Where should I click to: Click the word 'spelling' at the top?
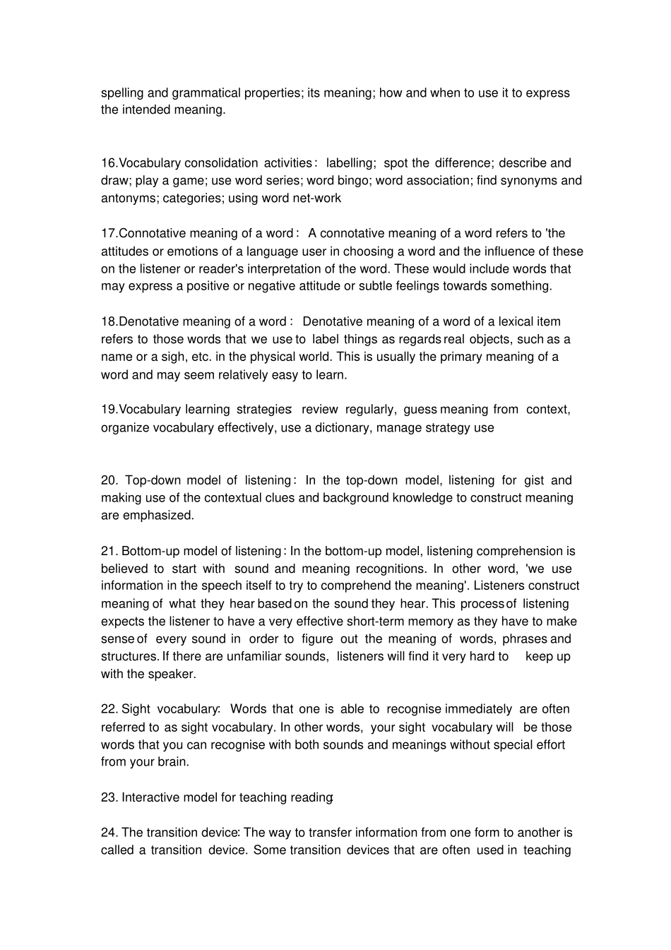pyautogui.click(x=122, y=93)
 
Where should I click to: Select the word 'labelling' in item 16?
pyautogui.click(x=350, y=163)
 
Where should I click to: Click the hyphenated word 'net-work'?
pyautogui.click(x=317, y=198)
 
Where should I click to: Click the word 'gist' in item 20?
pyautogui.click(x=534, y=481)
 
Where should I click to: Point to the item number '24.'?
pyautogui.click(x=109, y=833)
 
